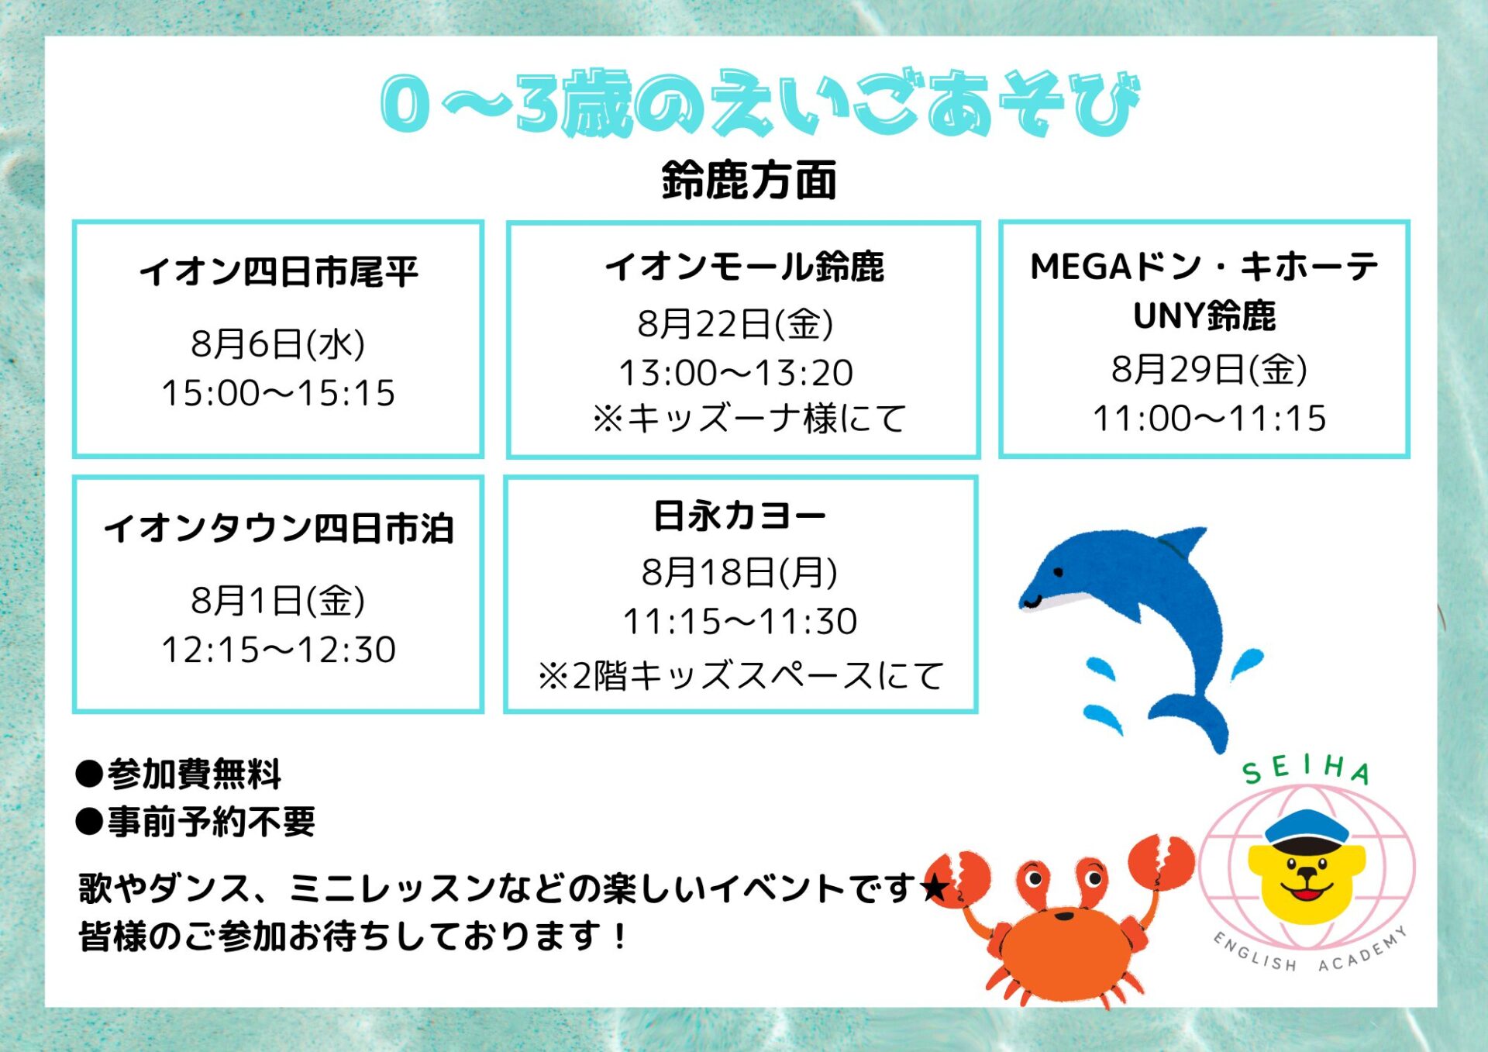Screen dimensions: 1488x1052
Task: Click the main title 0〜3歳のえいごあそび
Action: coord(759,103)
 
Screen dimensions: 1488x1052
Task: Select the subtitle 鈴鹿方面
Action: coord(749,181)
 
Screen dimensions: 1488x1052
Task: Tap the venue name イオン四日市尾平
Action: coord(278,271)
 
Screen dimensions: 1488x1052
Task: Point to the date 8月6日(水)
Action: coord(278,343)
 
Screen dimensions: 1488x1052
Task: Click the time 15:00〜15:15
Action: coord(278,393)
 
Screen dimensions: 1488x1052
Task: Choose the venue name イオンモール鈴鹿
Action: coord(744,267)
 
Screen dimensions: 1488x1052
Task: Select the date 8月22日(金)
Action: coord(735,323)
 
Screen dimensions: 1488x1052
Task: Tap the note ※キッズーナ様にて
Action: coord(749,419)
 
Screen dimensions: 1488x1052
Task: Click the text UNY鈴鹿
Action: coord(1204,316)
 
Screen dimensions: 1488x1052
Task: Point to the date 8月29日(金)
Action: coord(1210,368)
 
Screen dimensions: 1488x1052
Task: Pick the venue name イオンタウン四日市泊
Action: coord(278,529)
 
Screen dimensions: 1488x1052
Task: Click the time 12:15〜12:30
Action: coord(278,650)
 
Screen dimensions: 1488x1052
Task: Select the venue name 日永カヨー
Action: coord(740,516)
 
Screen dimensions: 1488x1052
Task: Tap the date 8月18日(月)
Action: coord(739,572)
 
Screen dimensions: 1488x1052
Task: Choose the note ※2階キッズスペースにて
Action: coord(741,675)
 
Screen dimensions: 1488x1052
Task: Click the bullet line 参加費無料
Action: coord(179,774)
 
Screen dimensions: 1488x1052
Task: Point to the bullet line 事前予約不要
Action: coord(196,822)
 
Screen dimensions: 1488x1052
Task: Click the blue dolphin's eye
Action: coord(1058,572)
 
